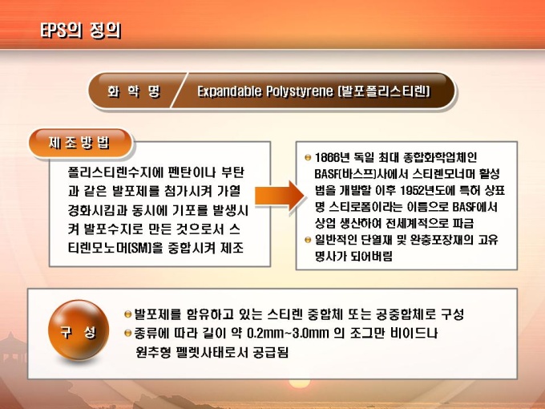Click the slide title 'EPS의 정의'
[81, 30]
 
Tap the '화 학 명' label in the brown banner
[134, 91]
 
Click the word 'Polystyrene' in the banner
[300, 91]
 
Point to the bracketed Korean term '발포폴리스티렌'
[384, 91]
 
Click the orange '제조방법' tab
[80, 143]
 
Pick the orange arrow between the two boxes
[281, 196]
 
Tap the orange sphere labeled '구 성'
[79, 330]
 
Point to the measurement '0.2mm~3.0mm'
[288, 333]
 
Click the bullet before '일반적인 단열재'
[307, 240]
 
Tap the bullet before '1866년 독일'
[307, 157]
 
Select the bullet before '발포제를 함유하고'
[128, 314]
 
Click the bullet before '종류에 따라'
[128, 333]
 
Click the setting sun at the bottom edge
[299, 383]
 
